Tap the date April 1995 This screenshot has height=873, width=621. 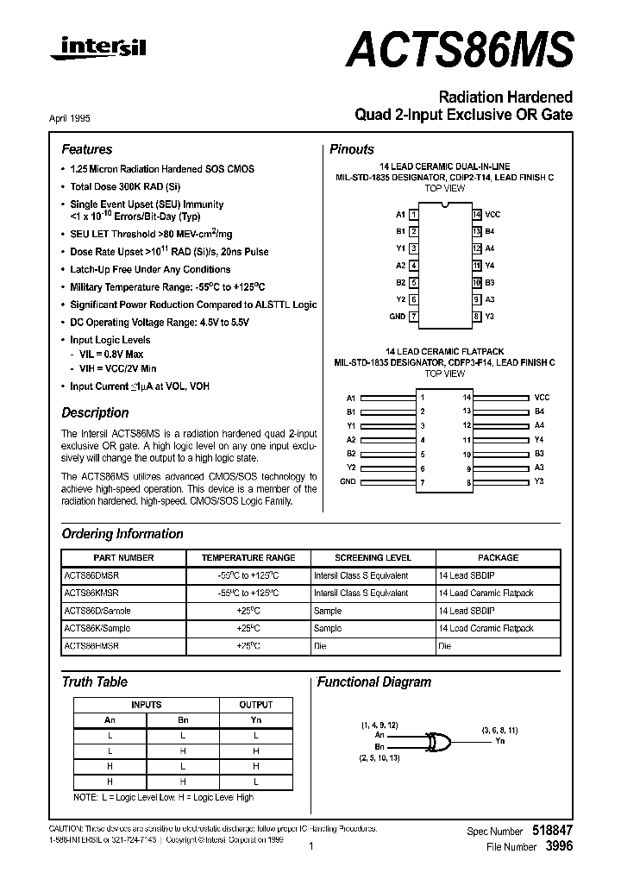pos(65,119)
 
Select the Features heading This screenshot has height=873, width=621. pos(86,149)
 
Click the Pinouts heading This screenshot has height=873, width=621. pos(352,149)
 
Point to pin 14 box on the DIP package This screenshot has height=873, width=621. pos(476,214)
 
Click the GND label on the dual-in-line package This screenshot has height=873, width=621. pos(397,317)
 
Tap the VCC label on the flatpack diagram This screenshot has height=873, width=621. pos(542,397)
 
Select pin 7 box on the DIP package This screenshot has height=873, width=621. pos(414,317)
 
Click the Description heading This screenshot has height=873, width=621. pos(95,412)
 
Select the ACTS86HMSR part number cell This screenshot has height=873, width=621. pos(91,645)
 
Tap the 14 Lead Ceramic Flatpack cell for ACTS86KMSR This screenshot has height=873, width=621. pos(486,594)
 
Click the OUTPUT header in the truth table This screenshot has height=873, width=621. pos(256,705)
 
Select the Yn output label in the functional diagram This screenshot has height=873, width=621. pos(499,741)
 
